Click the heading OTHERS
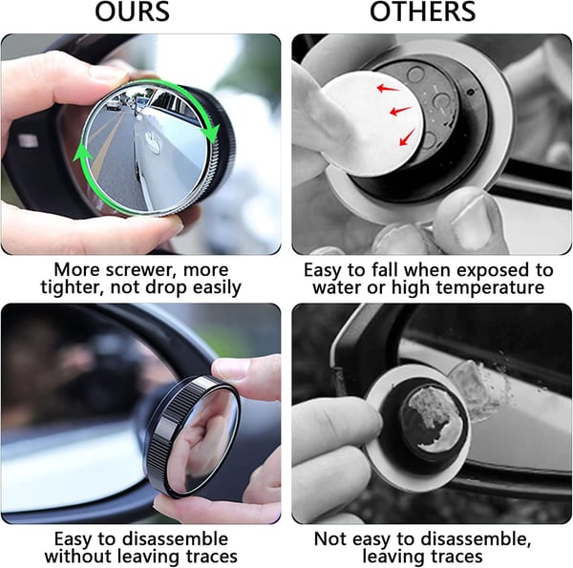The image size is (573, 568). pyautogui.click(x=422, y=13)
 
